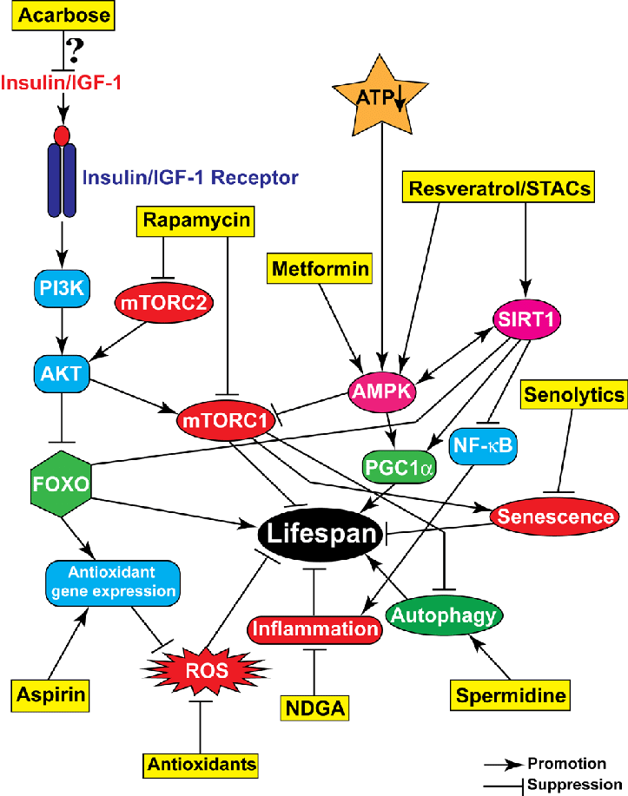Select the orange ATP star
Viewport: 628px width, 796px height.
(x=379, y=96)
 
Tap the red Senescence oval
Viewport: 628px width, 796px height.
(x=553, y=516)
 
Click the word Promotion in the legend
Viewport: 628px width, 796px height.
(x=566, y=763)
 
